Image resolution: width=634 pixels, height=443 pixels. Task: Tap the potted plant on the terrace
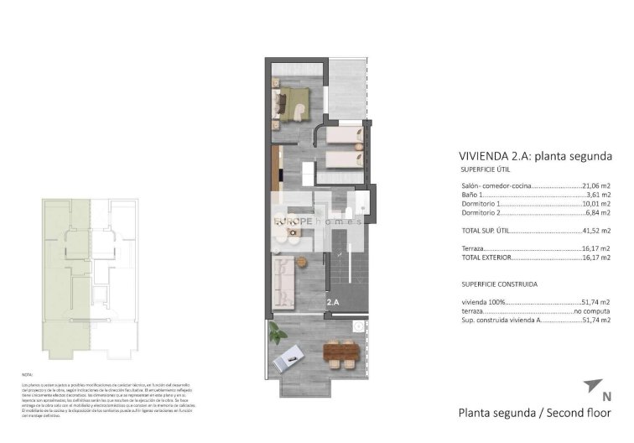tap(278, 333)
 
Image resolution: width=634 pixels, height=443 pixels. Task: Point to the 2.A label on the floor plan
tap(332, 301)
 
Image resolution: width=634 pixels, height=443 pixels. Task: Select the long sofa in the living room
tap(283, 281)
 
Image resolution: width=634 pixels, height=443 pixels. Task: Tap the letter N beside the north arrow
tap(606, 396)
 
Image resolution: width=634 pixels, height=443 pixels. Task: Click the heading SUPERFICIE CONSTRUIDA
tap(499, 284)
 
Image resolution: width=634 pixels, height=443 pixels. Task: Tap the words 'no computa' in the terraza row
tap(591, 310)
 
